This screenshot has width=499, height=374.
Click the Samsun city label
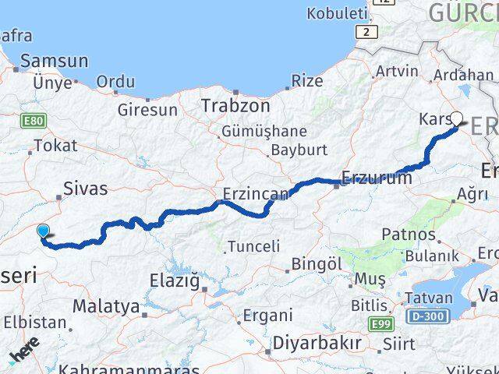[x=55, y=60]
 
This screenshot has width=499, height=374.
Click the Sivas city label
[x=86, y=188]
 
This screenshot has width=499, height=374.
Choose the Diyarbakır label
[x=317, y=343]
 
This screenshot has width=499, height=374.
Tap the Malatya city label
[x=105, y=305]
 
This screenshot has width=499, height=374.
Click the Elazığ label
[x=174, y=280]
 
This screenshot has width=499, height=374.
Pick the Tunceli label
[x=253, y=247]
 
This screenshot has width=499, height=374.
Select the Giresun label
[x=147, y=110]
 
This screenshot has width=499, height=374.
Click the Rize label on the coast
[x=306, y=81]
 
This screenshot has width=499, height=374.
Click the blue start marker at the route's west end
[x=44, y=229]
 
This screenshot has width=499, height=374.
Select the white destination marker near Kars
[x=457, y=119]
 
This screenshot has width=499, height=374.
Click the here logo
[x=24, y=355]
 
